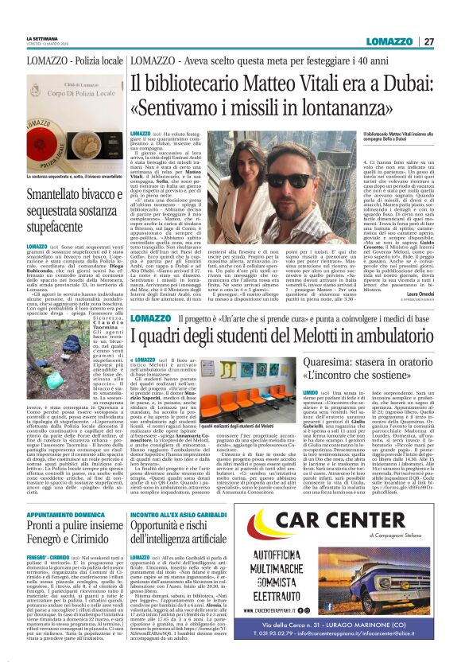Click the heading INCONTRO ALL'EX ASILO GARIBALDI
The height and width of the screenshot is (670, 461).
click(x=179, y=473)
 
